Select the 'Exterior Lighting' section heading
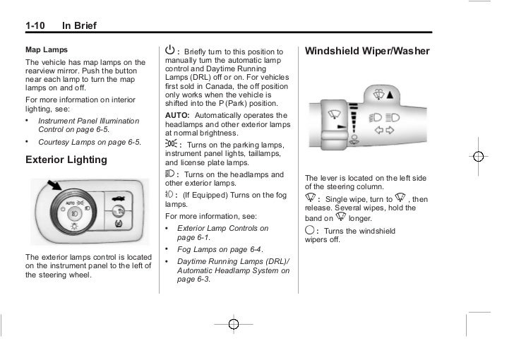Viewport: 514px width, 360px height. point(66,160)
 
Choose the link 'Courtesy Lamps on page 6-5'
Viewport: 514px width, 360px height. point(90,142)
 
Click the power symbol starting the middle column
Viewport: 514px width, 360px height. point(169,52)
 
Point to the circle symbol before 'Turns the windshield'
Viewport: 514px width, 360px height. point(310,231)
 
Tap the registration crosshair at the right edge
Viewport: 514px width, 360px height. point(479,156)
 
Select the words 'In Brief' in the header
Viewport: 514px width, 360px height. point(79,27)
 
